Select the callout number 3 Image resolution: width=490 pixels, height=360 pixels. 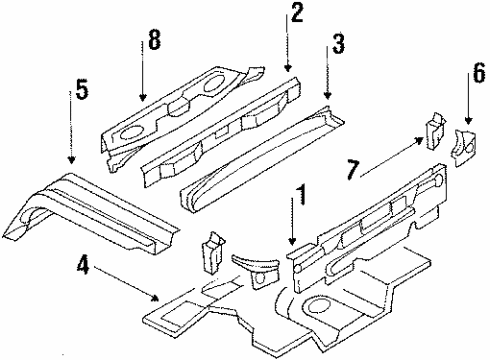(x=340, y=45)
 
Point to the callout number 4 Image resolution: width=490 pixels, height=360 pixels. (x=85, y=265)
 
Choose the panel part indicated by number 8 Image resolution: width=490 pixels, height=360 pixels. (x=180, y=100)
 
